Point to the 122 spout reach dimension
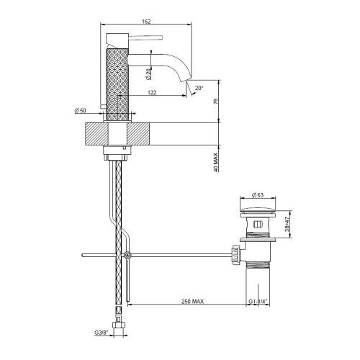(x=152, y=92)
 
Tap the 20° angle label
(x=199, y=88)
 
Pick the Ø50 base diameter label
(x=80, y=110)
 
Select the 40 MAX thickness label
(x=217, y=157)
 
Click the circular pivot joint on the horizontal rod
(x=127, y=255)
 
